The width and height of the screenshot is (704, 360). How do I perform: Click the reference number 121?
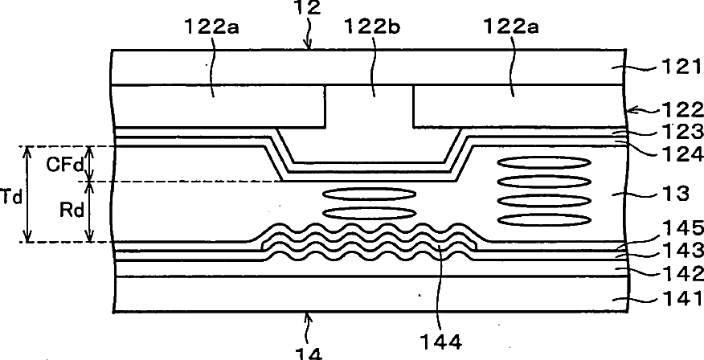click(680, 80)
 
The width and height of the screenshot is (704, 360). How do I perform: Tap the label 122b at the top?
click(371, 27)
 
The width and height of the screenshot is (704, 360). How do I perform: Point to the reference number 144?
click(441, 342)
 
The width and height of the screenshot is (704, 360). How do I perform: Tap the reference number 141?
click(681, 297)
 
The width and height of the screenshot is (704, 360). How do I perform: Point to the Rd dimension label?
click(72, 211)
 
